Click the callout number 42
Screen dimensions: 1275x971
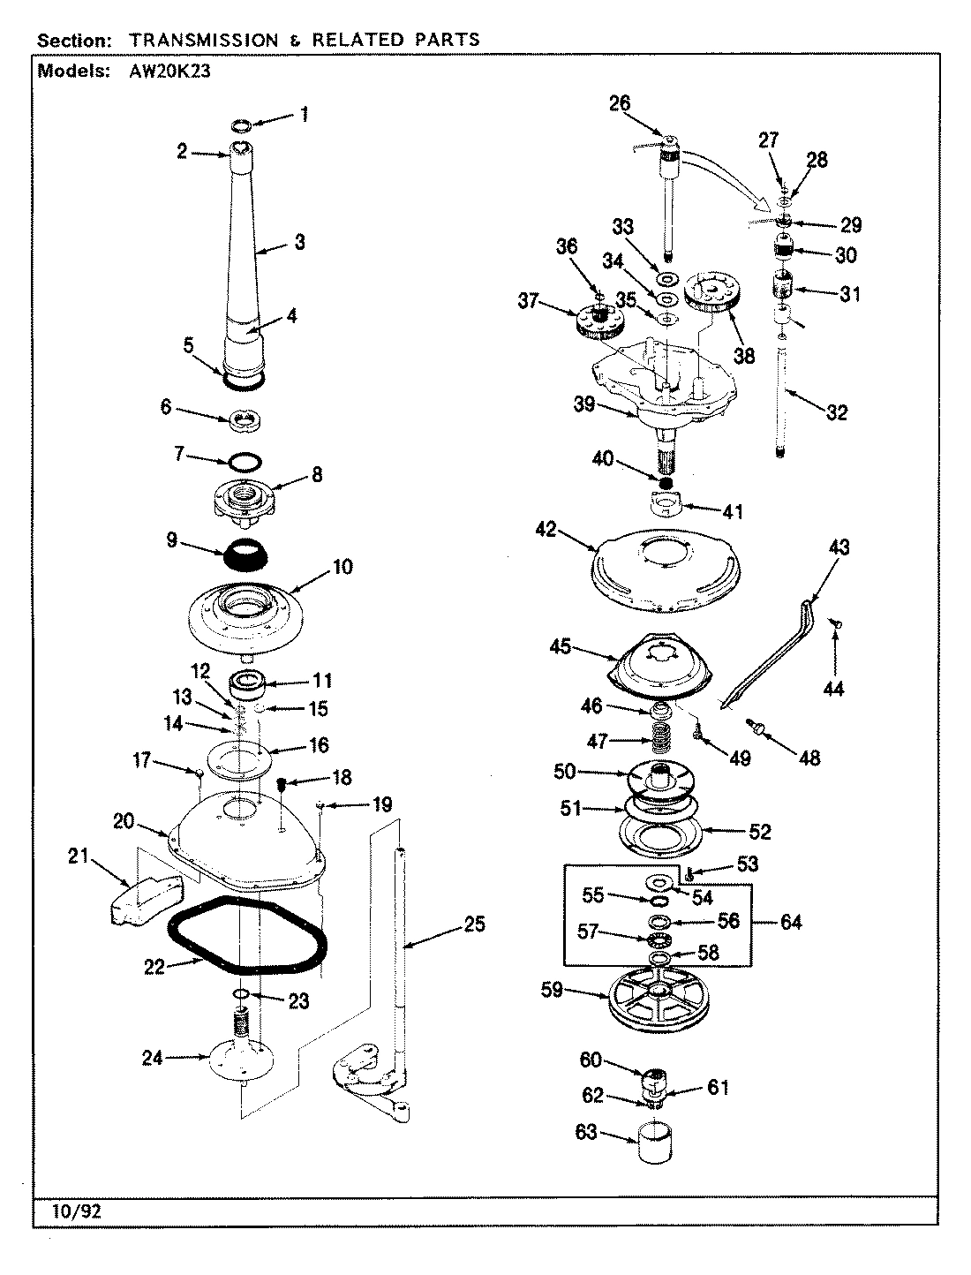coord(546,530)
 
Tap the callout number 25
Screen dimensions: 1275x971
coord(475,925)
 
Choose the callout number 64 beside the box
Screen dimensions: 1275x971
coord(791,922)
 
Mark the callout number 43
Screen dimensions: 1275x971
coord(839,547)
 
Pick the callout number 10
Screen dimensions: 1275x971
coord(342,566)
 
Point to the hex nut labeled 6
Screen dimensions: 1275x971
coord(245,419)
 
